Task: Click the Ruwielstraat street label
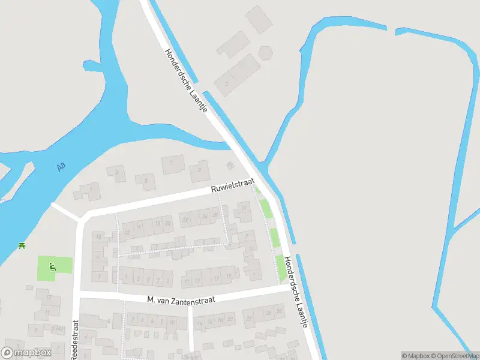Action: pyautogui.click(x=233, y=185)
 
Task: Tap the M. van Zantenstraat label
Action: pyautogui.click(x=181, y=299)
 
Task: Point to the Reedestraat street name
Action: pyautogui.click(x=76, y=340)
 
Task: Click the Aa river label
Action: pyautogui.click(x=61, y=166)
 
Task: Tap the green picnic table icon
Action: pyautogui.click(x=22, y=245)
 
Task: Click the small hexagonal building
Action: pyautogui.click(x=265, y=52)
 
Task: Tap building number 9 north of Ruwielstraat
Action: pyautogui.click(x=199, y=170)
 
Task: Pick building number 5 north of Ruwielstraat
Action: pyautogui.click(x=145, y=179)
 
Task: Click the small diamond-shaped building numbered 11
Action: pyautogui.click(x=229, y=165)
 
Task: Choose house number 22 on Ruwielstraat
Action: pyautogui.click(x=186, y=220)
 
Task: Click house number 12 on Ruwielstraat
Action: pyautogui.click(x=127, y=231)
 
